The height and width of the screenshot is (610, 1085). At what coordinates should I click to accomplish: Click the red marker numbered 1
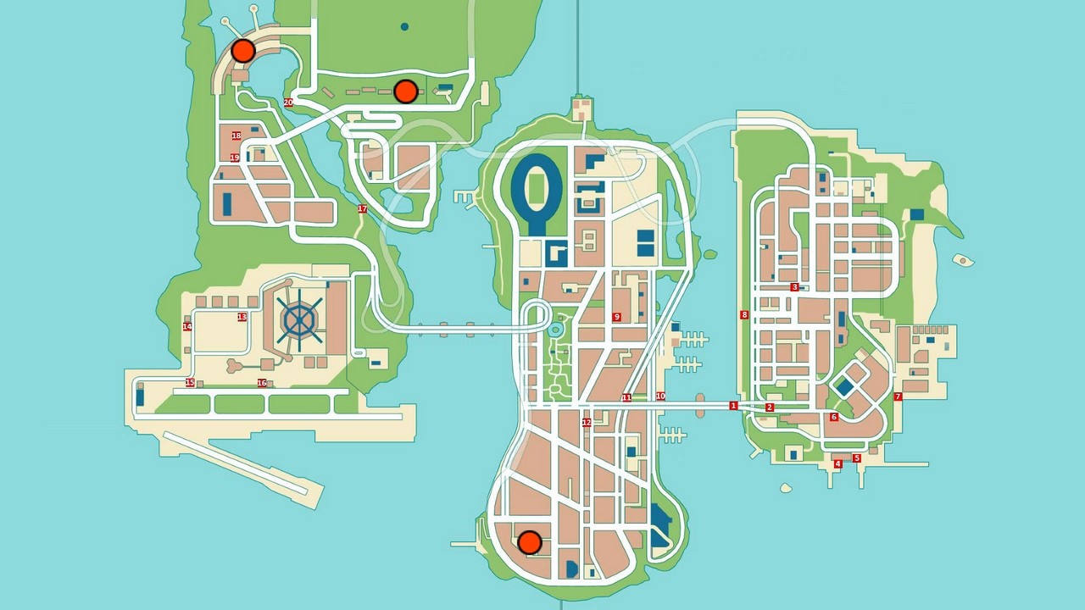pos(733,406)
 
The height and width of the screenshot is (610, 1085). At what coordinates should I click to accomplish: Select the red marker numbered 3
pos(794,287)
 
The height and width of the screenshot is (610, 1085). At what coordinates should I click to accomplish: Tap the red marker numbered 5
pos(856,458)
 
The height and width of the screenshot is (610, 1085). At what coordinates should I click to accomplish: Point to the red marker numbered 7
pos(898,396)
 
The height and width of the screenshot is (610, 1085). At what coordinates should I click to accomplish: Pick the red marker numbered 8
pos(744,315)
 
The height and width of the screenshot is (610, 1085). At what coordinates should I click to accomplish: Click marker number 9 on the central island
pos(616,317)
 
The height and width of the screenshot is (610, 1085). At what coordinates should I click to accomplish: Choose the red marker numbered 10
pos(660,396)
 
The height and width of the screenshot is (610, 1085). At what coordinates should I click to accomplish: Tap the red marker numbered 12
pos(587,423)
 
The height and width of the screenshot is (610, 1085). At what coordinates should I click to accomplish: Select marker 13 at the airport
pos(242,317)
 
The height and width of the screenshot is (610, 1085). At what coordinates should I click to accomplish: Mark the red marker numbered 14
pos(187,327)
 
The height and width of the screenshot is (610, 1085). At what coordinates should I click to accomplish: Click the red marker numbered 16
pos(262,383)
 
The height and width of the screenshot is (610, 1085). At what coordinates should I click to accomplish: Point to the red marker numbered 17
pos(362,209)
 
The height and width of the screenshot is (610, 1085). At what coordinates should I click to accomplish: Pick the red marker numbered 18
pos(236,136)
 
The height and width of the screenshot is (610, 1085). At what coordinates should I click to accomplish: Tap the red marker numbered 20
pos(288,103)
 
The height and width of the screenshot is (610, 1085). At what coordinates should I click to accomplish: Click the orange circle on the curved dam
pos(243,51)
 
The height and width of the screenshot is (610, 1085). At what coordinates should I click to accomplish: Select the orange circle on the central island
pos(529,542)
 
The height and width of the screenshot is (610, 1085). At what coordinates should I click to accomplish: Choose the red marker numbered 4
pos(837,464)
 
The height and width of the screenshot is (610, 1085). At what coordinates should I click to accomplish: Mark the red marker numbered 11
pos(626,397)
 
